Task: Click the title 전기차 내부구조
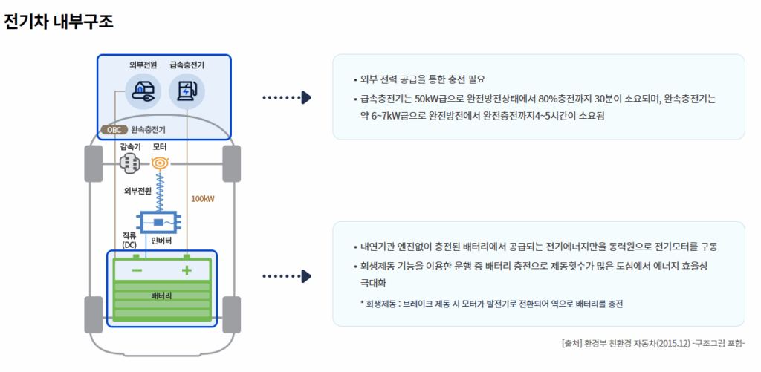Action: point(59,21)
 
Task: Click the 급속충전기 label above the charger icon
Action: point(187,65)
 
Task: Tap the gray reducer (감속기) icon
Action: point(130,163)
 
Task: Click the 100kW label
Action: point(203,199)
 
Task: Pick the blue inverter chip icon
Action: point(159,222)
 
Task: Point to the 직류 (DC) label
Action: point(129,240)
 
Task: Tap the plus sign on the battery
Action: point(187,270)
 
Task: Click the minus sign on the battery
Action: point(137,270)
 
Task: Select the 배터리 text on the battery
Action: point(161,296)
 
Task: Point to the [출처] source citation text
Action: point(653,343)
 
